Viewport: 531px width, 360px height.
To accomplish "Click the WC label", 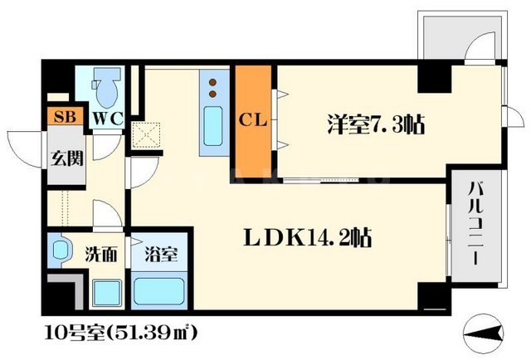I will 107,118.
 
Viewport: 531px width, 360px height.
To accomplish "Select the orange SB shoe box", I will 63,117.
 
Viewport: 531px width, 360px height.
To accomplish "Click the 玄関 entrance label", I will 68,158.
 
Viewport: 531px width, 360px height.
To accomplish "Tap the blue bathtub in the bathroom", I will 160,293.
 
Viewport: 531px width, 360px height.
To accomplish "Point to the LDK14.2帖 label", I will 306,239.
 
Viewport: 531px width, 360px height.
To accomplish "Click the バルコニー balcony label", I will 475,236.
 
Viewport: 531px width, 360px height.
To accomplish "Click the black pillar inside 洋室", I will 432,80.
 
